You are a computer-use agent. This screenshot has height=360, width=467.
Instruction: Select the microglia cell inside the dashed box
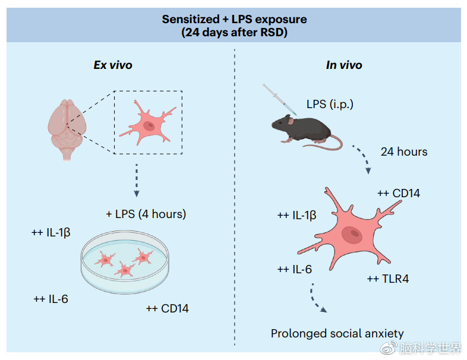(148, 122)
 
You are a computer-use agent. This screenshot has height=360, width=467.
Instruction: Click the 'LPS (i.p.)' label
(330, 105)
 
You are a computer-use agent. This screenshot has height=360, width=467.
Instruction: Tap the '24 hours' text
(404, 151)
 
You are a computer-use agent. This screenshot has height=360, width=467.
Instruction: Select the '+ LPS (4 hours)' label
(146, 214)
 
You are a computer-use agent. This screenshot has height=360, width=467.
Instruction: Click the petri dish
(125, 261)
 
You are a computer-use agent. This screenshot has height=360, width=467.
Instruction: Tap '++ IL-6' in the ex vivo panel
(51, 299)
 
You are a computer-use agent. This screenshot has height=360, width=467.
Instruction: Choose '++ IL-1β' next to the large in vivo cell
(296, 214)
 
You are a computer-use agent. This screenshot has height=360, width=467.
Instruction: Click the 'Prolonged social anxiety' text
(337, 333)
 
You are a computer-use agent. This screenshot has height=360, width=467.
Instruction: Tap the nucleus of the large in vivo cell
(355, 234)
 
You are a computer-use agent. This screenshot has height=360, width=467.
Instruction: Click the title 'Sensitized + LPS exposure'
(234, 19)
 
